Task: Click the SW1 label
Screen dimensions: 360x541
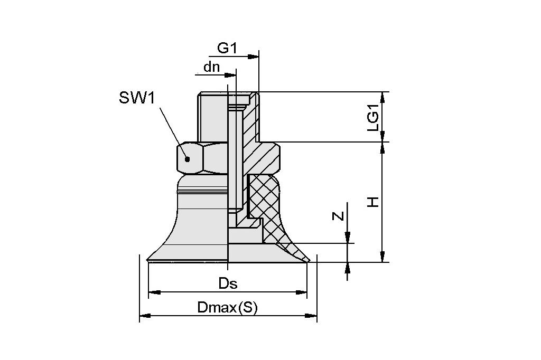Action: (136, 98)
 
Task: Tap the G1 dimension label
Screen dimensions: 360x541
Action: (227, 48)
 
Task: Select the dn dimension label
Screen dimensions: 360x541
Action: (211, 68)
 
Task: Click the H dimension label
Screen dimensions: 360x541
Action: (374, 202)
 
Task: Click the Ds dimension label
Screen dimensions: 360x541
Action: (228, 283)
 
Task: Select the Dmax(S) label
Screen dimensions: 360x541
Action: (227, 308)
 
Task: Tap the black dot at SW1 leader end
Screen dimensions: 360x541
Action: (186, 159)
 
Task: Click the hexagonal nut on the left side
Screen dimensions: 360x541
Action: (201, 158)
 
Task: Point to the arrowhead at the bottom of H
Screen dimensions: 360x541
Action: (381, 258)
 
